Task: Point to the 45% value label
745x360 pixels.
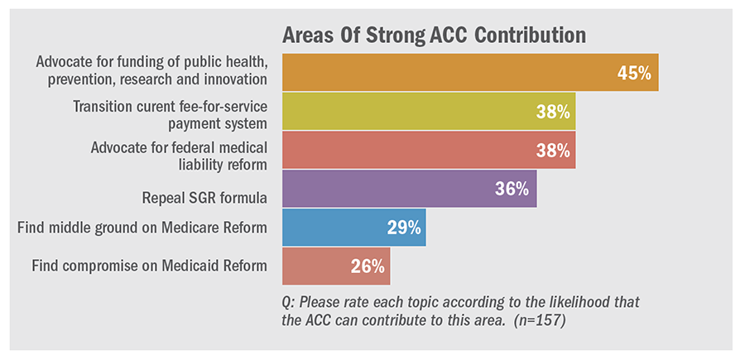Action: click(634, 73)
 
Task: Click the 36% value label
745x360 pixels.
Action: click(512, 189)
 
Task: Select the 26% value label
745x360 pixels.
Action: click(367, 266)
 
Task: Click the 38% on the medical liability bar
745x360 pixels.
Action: click(551, 150)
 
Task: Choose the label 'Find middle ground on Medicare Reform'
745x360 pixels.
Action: click(142, 228)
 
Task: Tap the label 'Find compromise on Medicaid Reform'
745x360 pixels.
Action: click(149, 266)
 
